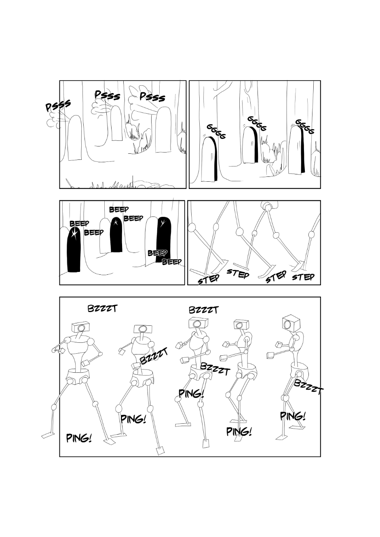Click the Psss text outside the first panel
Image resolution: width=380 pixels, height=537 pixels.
coord(58,106)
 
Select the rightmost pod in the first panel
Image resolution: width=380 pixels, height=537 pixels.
coord(163,129)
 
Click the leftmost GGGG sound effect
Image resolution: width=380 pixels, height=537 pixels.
coord(216,132)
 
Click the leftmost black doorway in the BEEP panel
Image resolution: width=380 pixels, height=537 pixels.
coord(74,250)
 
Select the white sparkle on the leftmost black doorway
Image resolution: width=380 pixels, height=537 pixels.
coord(74,233)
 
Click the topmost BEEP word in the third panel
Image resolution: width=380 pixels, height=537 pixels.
coord(119,210)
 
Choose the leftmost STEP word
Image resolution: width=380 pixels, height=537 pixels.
coord(208,279)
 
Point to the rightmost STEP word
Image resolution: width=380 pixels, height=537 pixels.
coord(303,277)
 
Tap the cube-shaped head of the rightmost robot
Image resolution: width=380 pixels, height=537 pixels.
coord(291,323)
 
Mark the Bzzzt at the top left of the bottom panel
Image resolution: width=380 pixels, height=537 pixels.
coord(103,308)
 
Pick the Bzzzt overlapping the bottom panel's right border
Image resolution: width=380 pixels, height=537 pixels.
coord(308,387)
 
